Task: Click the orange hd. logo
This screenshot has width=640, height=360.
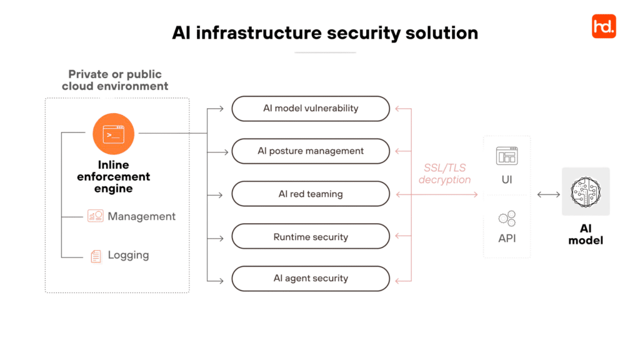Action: (x=603, y=26)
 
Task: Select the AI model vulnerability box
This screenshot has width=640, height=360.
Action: (x=311, y=109)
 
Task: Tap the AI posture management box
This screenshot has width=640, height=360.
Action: (x=311, y=151)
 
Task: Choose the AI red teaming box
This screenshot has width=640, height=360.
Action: (x=311, y=194)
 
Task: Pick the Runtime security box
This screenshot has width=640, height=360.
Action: (x=311, y=237)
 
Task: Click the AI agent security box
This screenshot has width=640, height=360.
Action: (x=311, y=279)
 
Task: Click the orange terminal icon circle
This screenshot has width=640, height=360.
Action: (x=114, y=134)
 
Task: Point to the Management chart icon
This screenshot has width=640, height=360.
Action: (x=96, y=216)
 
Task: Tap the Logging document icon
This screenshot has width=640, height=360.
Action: (x=96, y=256)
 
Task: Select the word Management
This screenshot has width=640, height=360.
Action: (x=142, y=216)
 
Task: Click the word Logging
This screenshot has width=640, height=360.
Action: (x=128, y=256)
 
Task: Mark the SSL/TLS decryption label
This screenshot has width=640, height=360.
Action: (x=444, y=174)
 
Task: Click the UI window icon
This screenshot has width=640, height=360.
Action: (x=507, y=156)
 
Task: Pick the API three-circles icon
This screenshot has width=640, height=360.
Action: (x=507, y=218)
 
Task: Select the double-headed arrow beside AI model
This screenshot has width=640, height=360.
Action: (x=548, y=195)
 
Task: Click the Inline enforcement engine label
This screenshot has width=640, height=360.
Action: (x=114, y=177)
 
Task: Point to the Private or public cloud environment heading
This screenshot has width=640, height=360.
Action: (x=115, y=81)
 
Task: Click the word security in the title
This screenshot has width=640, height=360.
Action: (x=364, y=32)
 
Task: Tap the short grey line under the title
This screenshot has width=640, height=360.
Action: (x=325, y=52)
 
